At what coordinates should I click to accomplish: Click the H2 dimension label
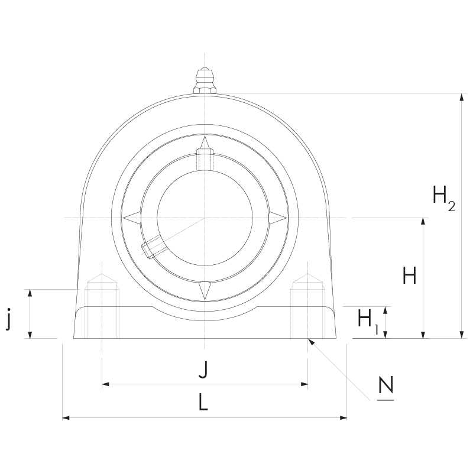[x=444, y=198]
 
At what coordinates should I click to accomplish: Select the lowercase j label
[x=9, y=319]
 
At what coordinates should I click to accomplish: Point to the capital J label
[x=203, y=370]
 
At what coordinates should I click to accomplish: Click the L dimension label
[x=203, y=402]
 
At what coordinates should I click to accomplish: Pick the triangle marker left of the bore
[x=131, y=218]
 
